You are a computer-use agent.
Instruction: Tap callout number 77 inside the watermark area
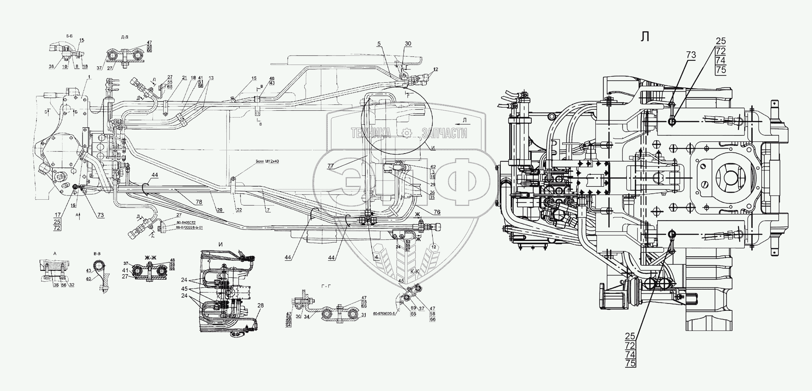click(330, 166)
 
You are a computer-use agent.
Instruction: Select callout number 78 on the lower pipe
click(199, 202)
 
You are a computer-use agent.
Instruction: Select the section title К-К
click(415, 272)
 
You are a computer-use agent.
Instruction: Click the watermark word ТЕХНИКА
click(371, 133)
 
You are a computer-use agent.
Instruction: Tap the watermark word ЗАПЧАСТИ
click(444, 133)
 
